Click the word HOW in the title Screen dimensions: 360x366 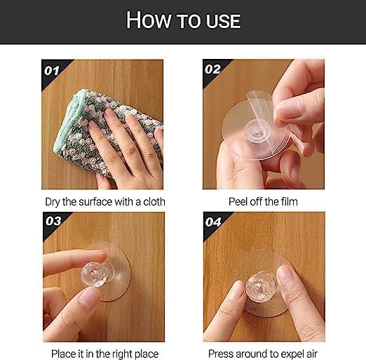tap(148, 20)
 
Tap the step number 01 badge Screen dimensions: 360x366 tap(53, 70)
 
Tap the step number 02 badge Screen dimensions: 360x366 tap(212, 70)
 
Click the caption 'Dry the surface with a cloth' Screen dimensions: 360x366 tap(104, 201)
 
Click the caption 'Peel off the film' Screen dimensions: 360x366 tap(263, 201)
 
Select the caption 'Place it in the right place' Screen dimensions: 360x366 tap(104, 353)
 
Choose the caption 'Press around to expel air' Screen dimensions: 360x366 tap(263, 353)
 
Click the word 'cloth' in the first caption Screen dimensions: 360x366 tap(151, 201)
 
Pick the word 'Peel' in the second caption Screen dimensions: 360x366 tap(238, 201)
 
